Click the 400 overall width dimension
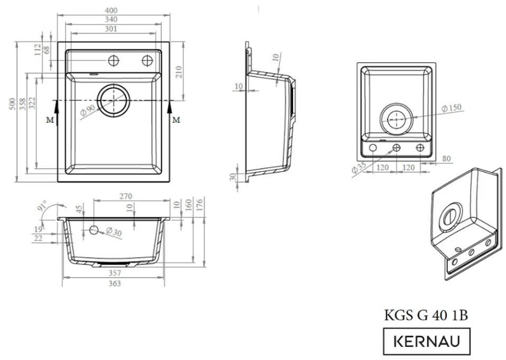tap(111, 11)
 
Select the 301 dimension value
tap(110, 29)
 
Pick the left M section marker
tap(50, 120)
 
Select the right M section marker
tap(176, 120)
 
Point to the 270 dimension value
tap(126, 196)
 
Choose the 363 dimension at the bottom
tap(114, 283)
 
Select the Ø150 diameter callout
tap(451, 108)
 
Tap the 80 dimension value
tap(447, 158)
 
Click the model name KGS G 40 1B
tap(425, 316)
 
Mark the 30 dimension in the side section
tap(233, 177)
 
